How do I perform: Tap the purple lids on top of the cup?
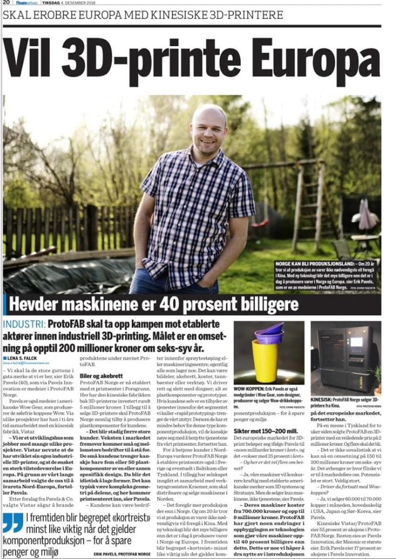(269, 333)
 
